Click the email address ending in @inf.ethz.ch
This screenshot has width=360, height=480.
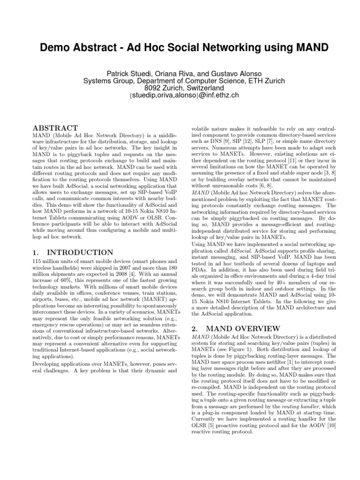(180, 95)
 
